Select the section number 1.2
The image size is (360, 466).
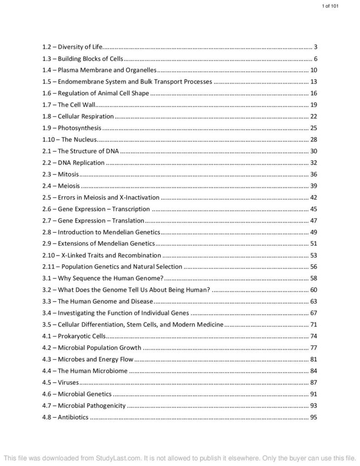click(46, 47)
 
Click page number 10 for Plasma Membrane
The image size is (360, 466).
click(313, 70)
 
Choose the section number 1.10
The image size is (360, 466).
click(48, 140)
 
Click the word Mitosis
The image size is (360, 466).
click(68, 174)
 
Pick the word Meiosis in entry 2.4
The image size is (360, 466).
click(69, 186)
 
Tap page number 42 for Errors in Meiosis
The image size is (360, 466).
click(313, 198)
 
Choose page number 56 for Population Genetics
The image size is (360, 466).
click(313, 267)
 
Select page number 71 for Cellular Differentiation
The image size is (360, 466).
click(313, 324)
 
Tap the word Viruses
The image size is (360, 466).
click(68, 382)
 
